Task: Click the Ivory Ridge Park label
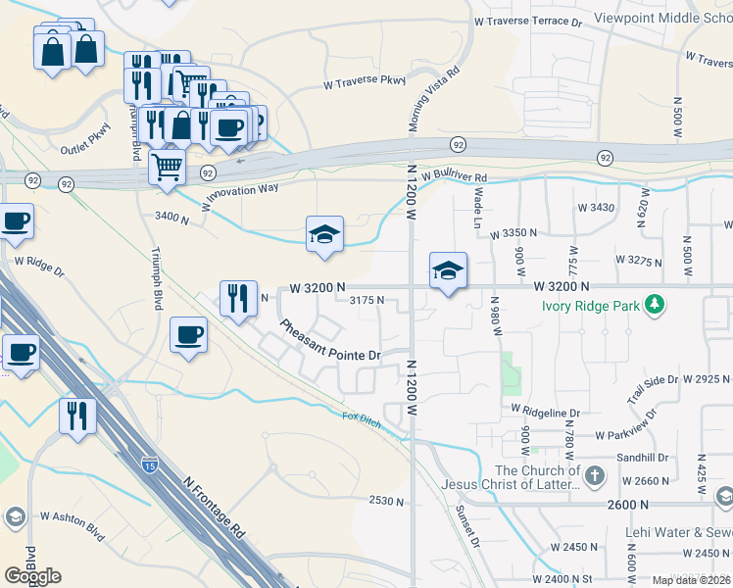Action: [591, 305]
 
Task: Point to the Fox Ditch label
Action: [361, 416]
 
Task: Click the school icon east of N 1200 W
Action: [448, 269]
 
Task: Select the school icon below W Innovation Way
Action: [324, 234]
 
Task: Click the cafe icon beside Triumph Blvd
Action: [188, 335]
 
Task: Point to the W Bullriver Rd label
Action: [455, 175]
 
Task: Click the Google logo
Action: [32, 576]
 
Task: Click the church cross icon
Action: [593, 477]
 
